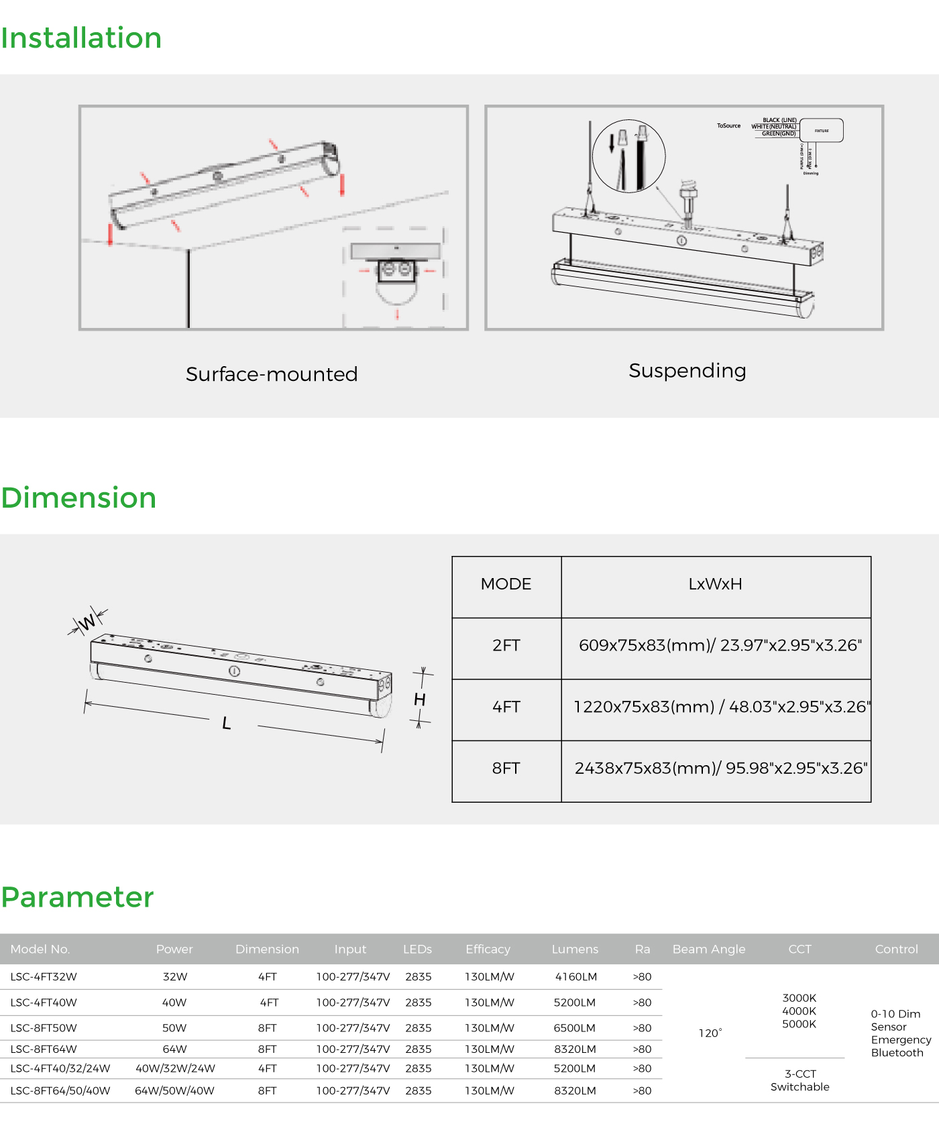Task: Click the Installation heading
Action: (81, 38)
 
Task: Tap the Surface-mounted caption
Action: (272, 374)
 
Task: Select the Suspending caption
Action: (687, 371)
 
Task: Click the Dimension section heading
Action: (78, 498)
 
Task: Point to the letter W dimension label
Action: (87, 623)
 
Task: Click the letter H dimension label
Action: (420, 699)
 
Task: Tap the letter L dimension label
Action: (227, 724)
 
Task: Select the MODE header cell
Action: (506, 584)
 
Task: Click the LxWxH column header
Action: (715, 584)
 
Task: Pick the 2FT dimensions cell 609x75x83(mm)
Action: (720, 645)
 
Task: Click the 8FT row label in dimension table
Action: (506, 769)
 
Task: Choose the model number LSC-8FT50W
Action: (44, 1028)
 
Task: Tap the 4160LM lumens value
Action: (575, 977)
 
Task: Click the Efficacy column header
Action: (488, 949)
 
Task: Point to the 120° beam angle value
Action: (710, 1033)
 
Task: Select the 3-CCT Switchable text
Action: (799, 1080)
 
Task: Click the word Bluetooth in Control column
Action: (897, 1053)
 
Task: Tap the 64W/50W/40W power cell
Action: (174, 1091)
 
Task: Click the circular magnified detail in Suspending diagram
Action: (628, 156)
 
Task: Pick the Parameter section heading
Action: (78, 897)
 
